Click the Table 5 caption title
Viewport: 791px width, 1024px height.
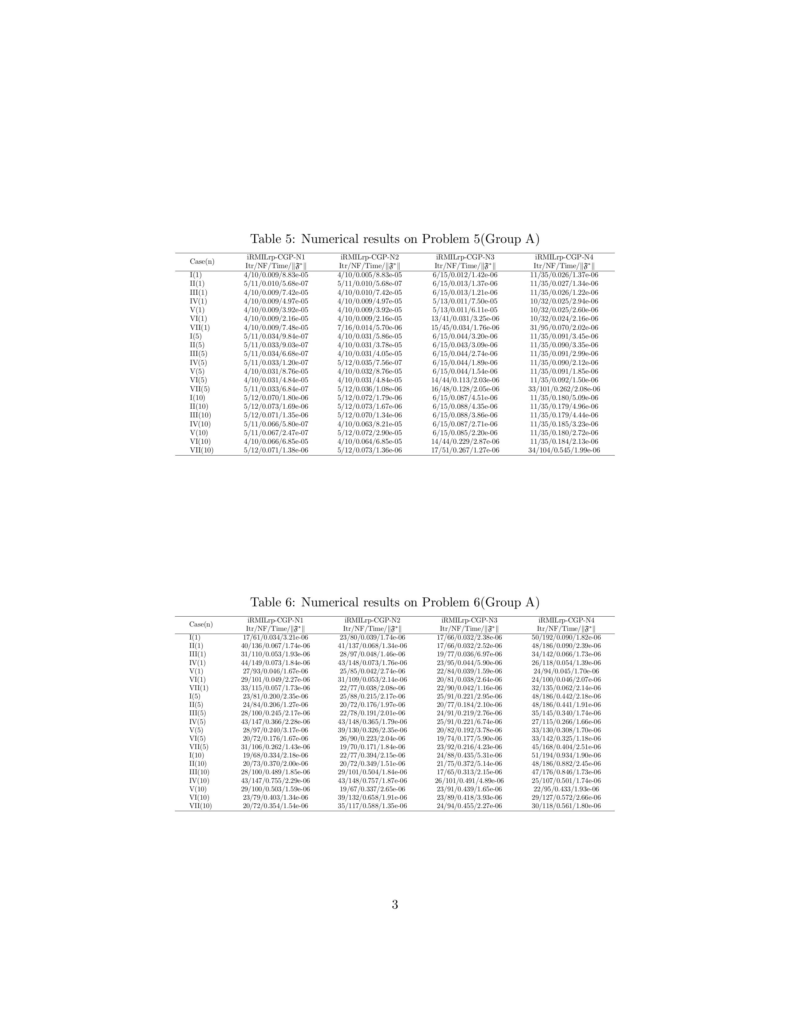395,239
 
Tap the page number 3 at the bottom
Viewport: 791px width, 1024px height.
395,905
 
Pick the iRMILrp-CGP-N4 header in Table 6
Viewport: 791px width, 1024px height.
566,620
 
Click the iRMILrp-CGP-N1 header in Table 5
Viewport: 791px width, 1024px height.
276,258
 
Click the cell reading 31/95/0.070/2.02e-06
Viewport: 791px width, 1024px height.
564,328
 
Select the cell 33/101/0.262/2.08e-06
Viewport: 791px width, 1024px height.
564,389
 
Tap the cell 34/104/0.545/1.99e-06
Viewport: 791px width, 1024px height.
564,451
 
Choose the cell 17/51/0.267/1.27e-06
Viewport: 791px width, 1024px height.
465,451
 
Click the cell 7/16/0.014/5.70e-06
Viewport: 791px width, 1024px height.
370,328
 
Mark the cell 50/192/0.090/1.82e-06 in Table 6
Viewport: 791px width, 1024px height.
566,638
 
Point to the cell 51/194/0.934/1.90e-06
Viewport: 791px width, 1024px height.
566,755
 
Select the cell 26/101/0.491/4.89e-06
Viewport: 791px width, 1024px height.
469,781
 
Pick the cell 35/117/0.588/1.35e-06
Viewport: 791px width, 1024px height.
373,806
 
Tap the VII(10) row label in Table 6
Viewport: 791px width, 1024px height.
201,806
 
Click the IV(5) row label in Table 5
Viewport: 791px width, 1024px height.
198,363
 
